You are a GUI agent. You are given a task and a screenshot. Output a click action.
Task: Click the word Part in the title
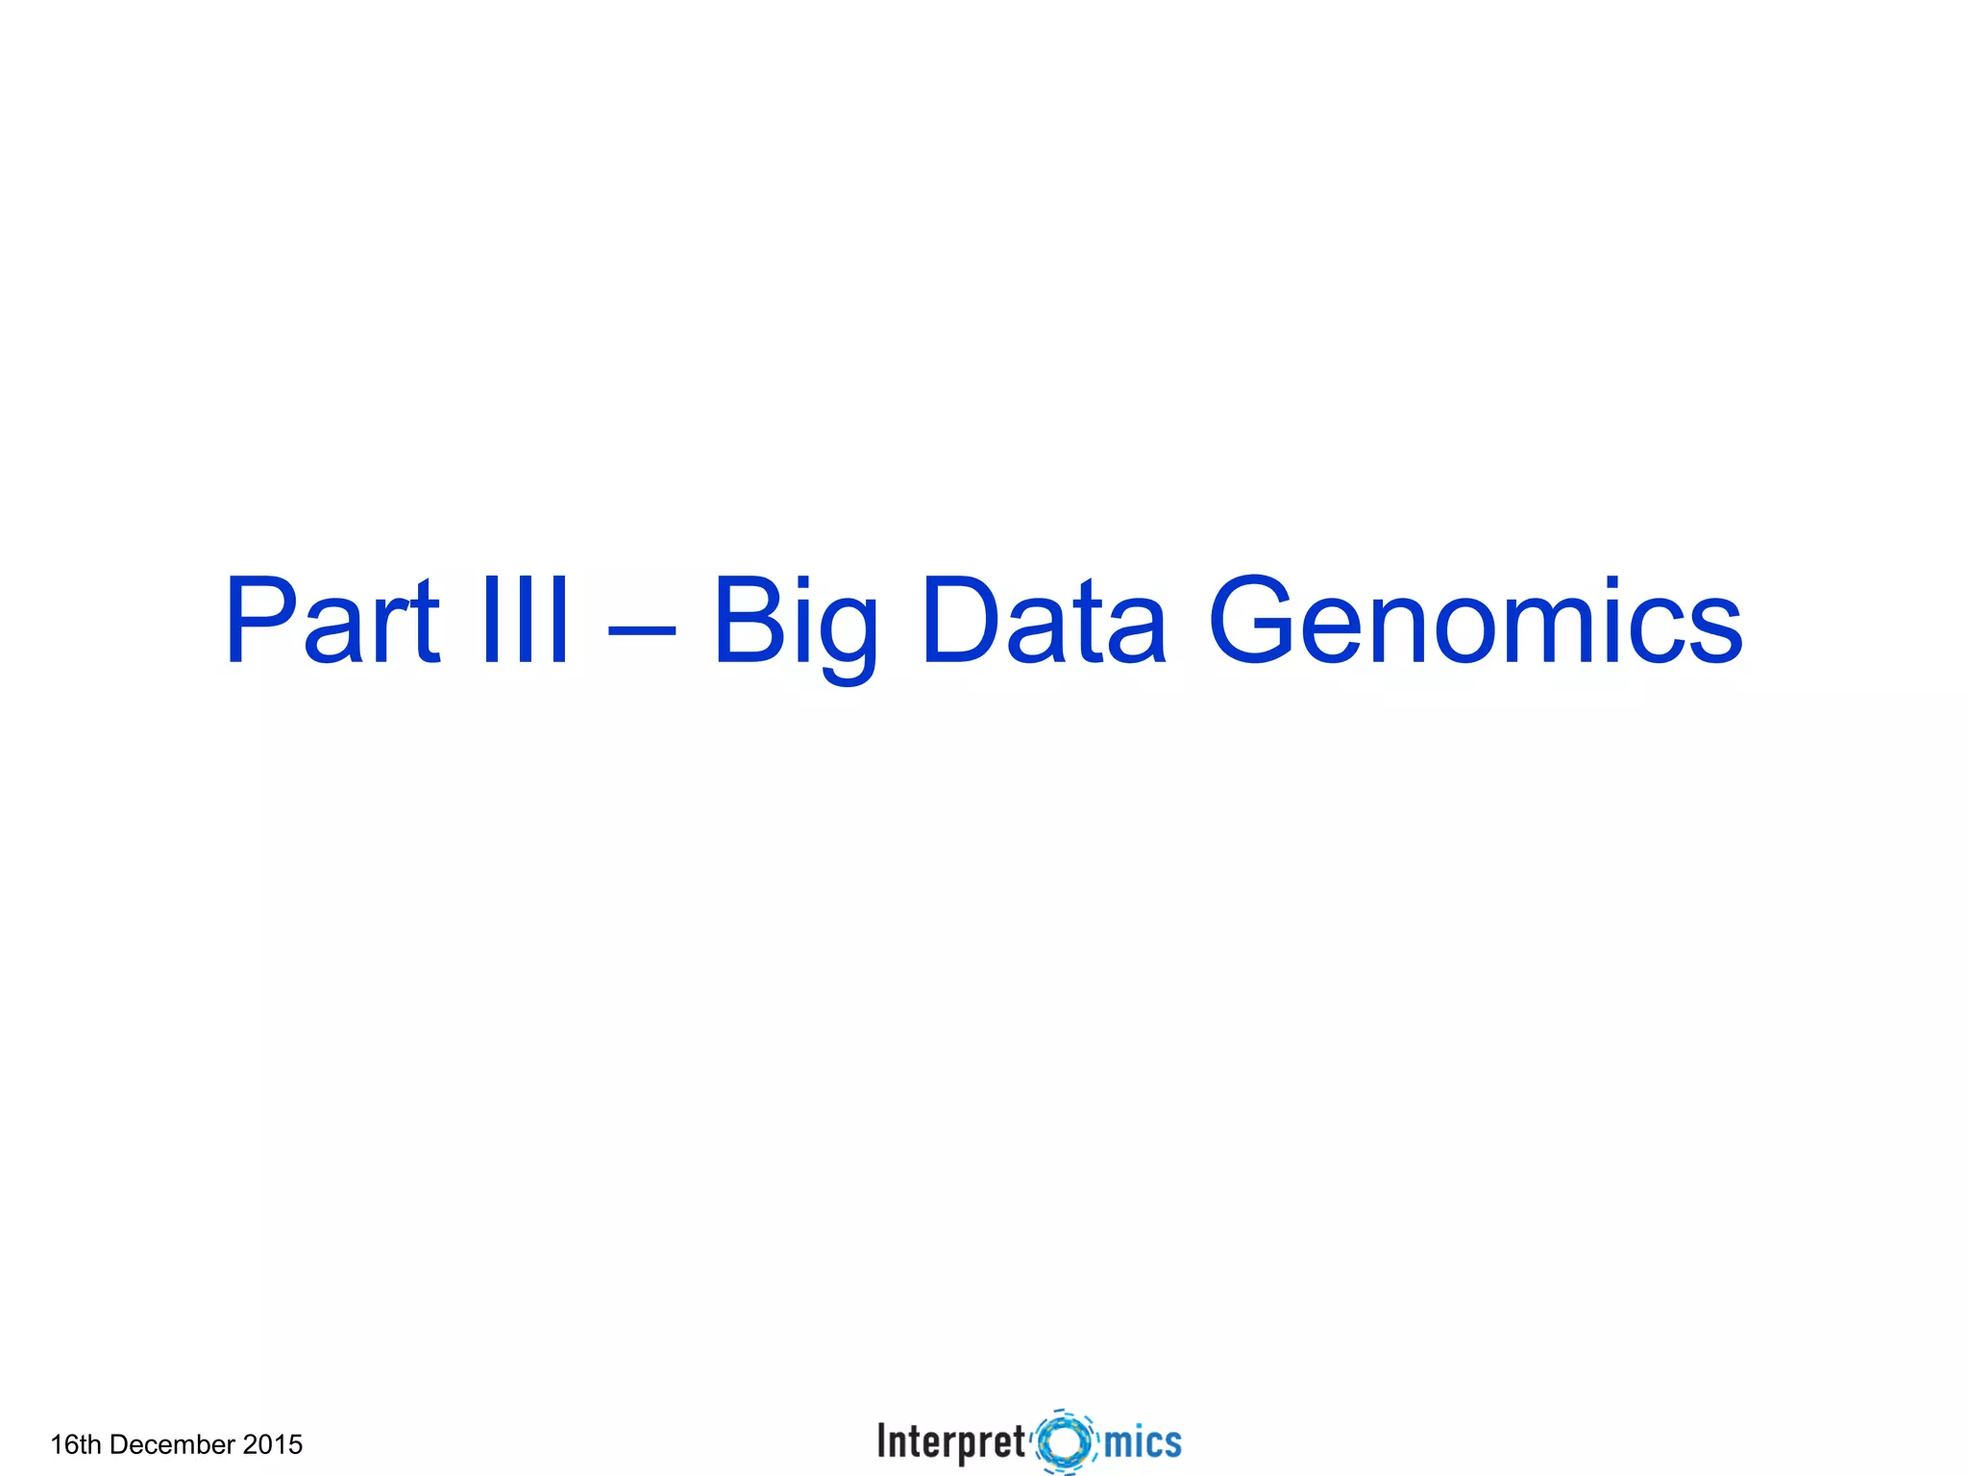332,621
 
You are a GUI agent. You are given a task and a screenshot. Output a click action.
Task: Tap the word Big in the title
796,625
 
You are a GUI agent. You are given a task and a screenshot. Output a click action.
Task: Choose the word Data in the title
1044,621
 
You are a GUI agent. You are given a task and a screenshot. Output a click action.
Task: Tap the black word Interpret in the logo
950,1442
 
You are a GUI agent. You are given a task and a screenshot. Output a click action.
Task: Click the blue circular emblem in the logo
1065,1441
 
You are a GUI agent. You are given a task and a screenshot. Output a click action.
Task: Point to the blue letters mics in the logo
1143,1442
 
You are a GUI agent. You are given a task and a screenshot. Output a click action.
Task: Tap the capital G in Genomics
1254,621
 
